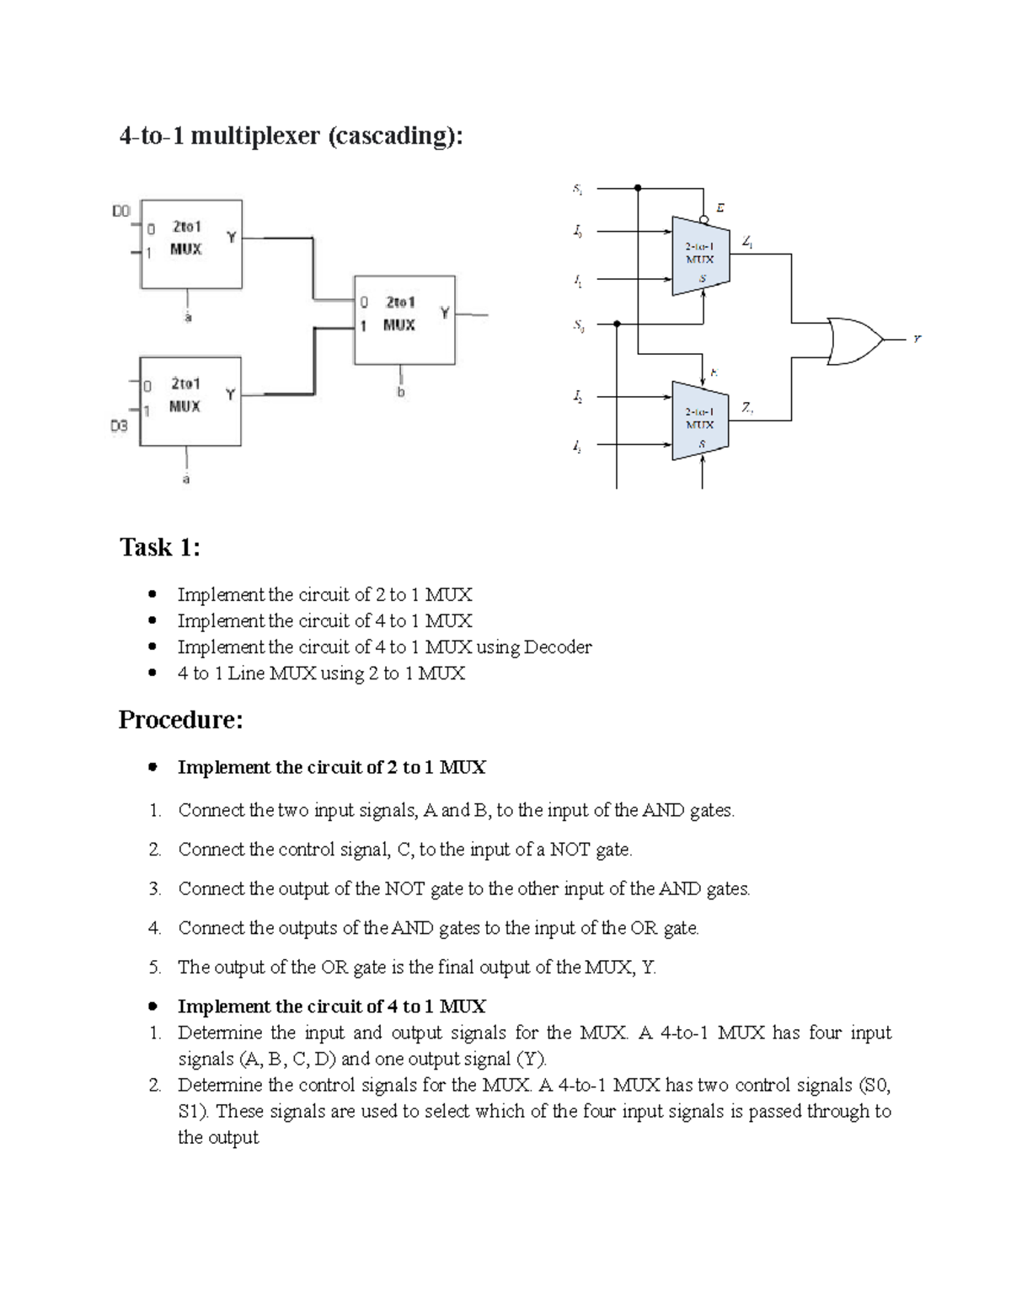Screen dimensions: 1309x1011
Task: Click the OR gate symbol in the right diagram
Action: coord(853,341)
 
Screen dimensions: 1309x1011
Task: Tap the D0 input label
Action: coord(121,211)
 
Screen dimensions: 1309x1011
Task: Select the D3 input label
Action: coord(120,426)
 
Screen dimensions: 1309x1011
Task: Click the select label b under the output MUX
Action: coord(401,392)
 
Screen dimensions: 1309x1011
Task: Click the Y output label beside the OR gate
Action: coord(917,340)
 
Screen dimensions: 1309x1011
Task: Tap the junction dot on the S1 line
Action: coord(638,188)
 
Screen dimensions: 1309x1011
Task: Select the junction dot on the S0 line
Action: coord(617,323)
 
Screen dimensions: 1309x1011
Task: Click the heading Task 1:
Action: coord(160,548)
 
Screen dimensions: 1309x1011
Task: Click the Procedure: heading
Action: coord(180,720)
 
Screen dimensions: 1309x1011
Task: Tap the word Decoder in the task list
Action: coord(558,647)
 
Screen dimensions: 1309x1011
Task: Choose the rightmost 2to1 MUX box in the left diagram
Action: coord(404,319)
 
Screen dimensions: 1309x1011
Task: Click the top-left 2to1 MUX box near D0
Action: coord(191,244)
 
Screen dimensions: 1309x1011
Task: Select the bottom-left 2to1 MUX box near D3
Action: coord(190,401)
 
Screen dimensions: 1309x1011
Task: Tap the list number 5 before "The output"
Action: coord(154,968)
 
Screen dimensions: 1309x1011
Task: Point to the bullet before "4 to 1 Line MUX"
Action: coord(152,673)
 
